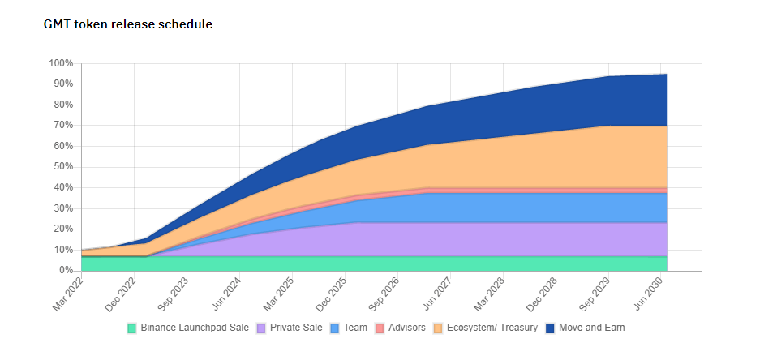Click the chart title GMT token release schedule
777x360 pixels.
pos(127,24)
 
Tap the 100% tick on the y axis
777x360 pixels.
pos(61,63)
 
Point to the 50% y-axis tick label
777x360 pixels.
pos(63,167)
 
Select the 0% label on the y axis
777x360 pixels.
pos(66,271)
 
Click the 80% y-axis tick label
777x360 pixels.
pos(63,105)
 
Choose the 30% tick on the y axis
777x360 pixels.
pos(63,208)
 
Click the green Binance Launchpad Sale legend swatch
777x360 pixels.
pos(132,328)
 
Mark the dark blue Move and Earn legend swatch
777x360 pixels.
pos(550,328)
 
